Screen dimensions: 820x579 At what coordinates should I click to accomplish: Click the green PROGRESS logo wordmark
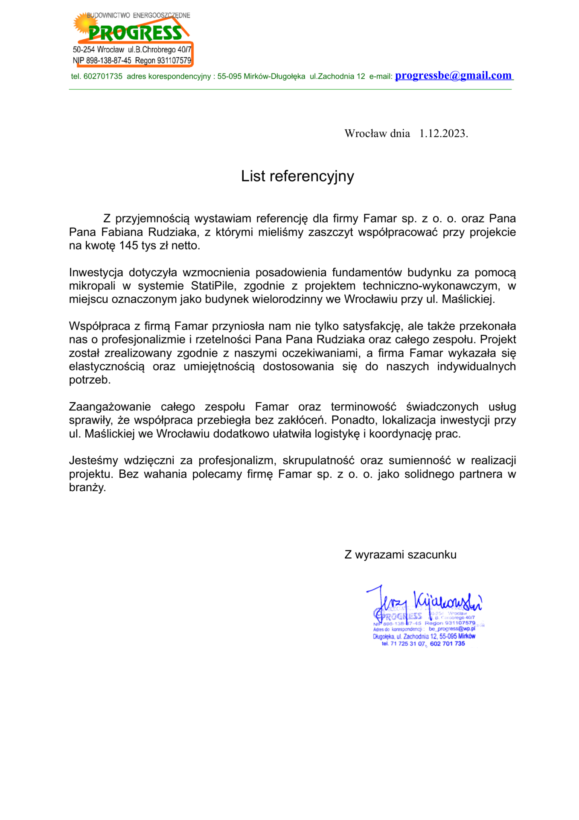[x=135, y=33]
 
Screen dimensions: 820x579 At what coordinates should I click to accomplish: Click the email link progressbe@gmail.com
[x=453, y=76]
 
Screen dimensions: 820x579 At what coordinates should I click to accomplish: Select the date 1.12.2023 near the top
[x=443, y=134]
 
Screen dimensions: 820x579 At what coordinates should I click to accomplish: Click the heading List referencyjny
[x=297, y=176]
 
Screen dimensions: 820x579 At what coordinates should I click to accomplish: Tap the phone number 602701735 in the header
[x=103, y=76]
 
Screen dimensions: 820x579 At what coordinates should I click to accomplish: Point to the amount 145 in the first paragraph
[x=128, y=246]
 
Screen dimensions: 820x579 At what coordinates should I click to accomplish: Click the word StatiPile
[x=212, y=286]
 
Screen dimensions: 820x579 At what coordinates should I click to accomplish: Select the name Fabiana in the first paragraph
[x=122, y=232]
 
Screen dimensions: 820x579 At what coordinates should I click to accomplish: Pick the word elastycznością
[x=107, y=367]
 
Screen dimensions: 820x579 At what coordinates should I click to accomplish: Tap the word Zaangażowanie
[x=110, y=407]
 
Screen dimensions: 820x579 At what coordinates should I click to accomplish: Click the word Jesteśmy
[x=93, y=461]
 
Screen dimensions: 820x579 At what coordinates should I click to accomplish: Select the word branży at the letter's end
[x=87, y=488]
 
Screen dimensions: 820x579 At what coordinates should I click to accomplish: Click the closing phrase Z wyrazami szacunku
[x=400, y=555]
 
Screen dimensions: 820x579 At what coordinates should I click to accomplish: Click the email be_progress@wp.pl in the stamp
[x=451, y=629]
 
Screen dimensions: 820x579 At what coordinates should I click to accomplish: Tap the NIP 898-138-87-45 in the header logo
[x=108, y=61]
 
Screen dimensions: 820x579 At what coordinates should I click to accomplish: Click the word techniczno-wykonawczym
[x=431, y=286]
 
